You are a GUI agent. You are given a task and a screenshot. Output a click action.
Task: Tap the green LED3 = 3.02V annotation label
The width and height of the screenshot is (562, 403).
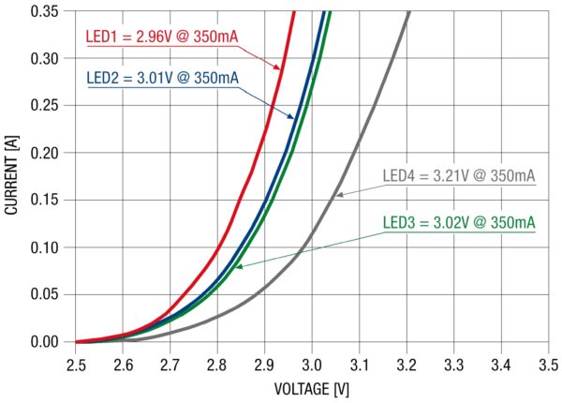(459, 223)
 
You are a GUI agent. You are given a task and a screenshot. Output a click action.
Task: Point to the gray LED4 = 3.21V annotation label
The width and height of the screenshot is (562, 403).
(459, 176)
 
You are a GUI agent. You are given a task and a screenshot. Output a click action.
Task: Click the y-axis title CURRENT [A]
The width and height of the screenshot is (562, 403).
(12, 178)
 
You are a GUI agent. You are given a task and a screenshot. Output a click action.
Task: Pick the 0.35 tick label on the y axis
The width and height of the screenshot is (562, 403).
(44, 11)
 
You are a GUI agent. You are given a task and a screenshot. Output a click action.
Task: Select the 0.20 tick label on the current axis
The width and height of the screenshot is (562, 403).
(44, 153)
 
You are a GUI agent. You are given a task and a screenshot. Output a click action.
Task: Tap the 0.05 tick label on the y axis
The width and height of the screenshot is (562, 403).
(44, 294)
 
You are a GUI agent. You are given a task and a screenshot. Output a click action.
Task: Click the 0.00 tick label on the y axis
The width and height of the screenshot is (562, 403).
(44, 342)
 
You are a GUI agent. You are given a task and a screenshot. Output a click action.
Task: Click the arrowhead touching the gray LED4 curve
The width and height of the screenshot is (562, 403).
(340, 195)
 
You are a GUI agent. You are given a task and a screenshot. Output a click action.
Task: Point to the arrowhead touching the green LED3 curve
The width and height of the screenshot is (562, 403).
(238, 267)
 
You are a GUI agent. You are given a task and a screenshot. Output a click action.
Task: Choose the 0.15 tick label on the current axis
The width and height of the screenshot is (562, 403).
(44, 200)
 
